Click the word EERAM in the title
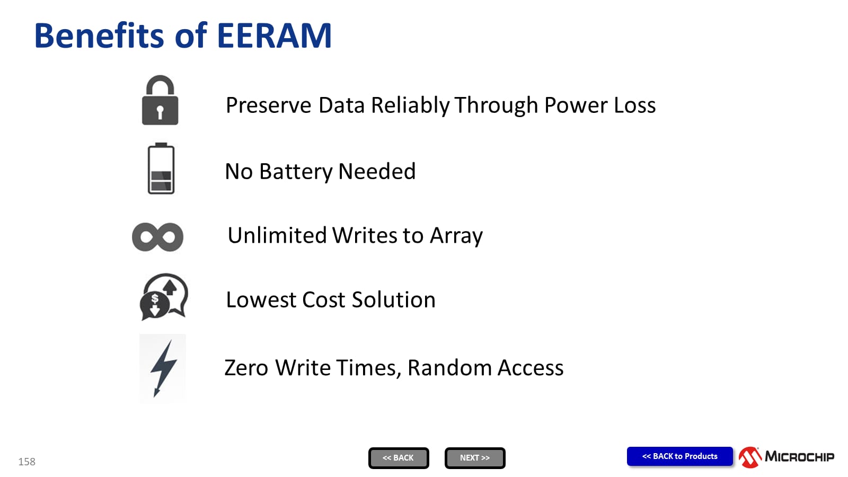tap(275, 36)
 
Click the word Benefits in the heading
tap(99, 36)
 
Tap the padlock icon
tap(160, 100)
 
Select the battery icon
tap(161, 169)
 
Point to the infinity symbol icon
tap(157, 237)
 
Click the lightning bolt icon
tap(163, 368)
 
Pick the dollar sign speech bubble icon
tap(164, 297)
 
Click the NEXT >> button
tap(475, 458)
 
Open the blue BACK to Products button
tap(680, 456)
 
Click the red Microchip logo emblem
tap(750, 457)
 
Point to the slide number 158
tap(27, 462)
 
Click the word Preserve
tap(268, 105)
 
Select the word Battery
tap(296, 172)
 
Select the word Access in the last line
tap(531, 368)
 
